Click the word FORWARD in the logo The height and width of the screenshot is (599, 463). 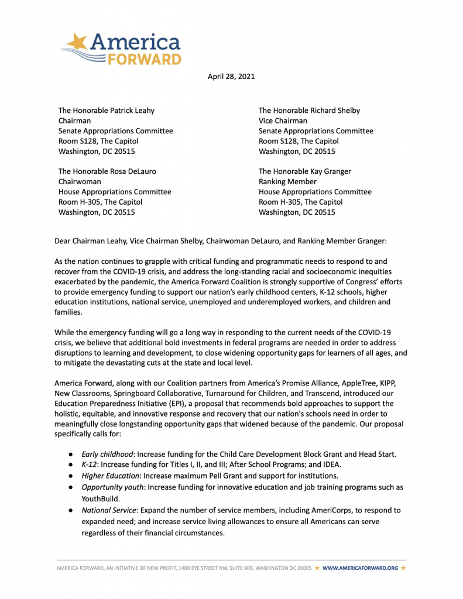pyautogui.click(x=144, y=58)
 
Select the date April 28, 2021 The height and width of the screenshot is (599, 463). pyautogui.click(x=231, y=76)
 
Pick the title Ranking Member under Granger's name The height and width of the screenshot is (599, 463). pyautogui.click(x=287, y=181)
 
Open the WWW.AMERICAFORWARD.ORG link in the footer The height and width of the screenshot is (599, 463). pyautogui.click(x=360, y=568)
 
